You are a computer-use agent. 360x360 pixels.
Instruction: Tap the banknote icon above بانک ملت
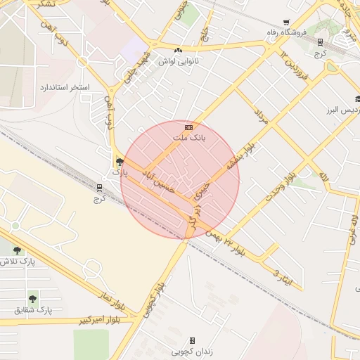(188, 127)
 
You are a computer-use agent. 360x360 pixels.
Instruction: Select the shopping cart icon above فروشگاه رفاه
(285, 23)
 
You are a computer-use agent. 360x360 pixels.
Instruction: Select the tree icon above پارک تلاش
(18, 250)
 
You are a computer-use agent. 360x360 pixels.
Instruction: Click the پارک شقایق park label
(33, 309)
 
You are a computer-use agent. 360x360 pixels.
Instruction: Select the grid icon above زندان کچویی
(192, 340)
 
